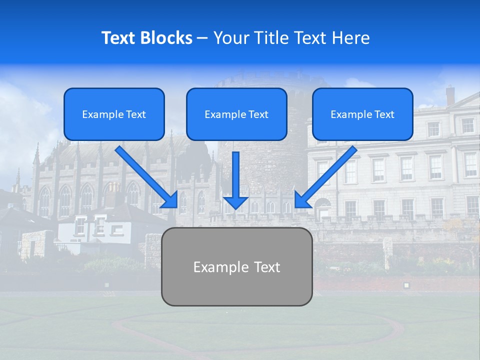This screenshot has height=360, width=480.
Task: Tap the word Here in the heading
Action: (x=351, y=38)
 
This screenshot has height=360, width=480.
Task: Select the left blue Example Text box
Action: (x=114, y=114)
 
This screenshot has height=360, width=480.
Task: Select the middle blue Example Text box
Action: (x=236, y=114)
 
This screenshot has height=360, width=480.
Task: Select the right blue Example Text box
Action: (x=362, y=114)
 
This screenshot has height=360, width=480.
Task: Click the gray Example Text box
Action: (x=237, y=266)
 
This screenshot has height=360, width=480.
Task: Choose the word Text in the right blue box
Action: (x=384, y=114)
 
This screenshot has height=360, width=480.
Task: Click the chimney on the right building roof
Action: (x=450, y=95)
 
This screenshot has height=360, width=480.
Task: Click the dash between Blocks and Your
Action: (x=202, y=38)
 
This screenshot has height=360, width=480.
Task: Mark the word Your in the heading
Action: (x=231, y=38)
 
